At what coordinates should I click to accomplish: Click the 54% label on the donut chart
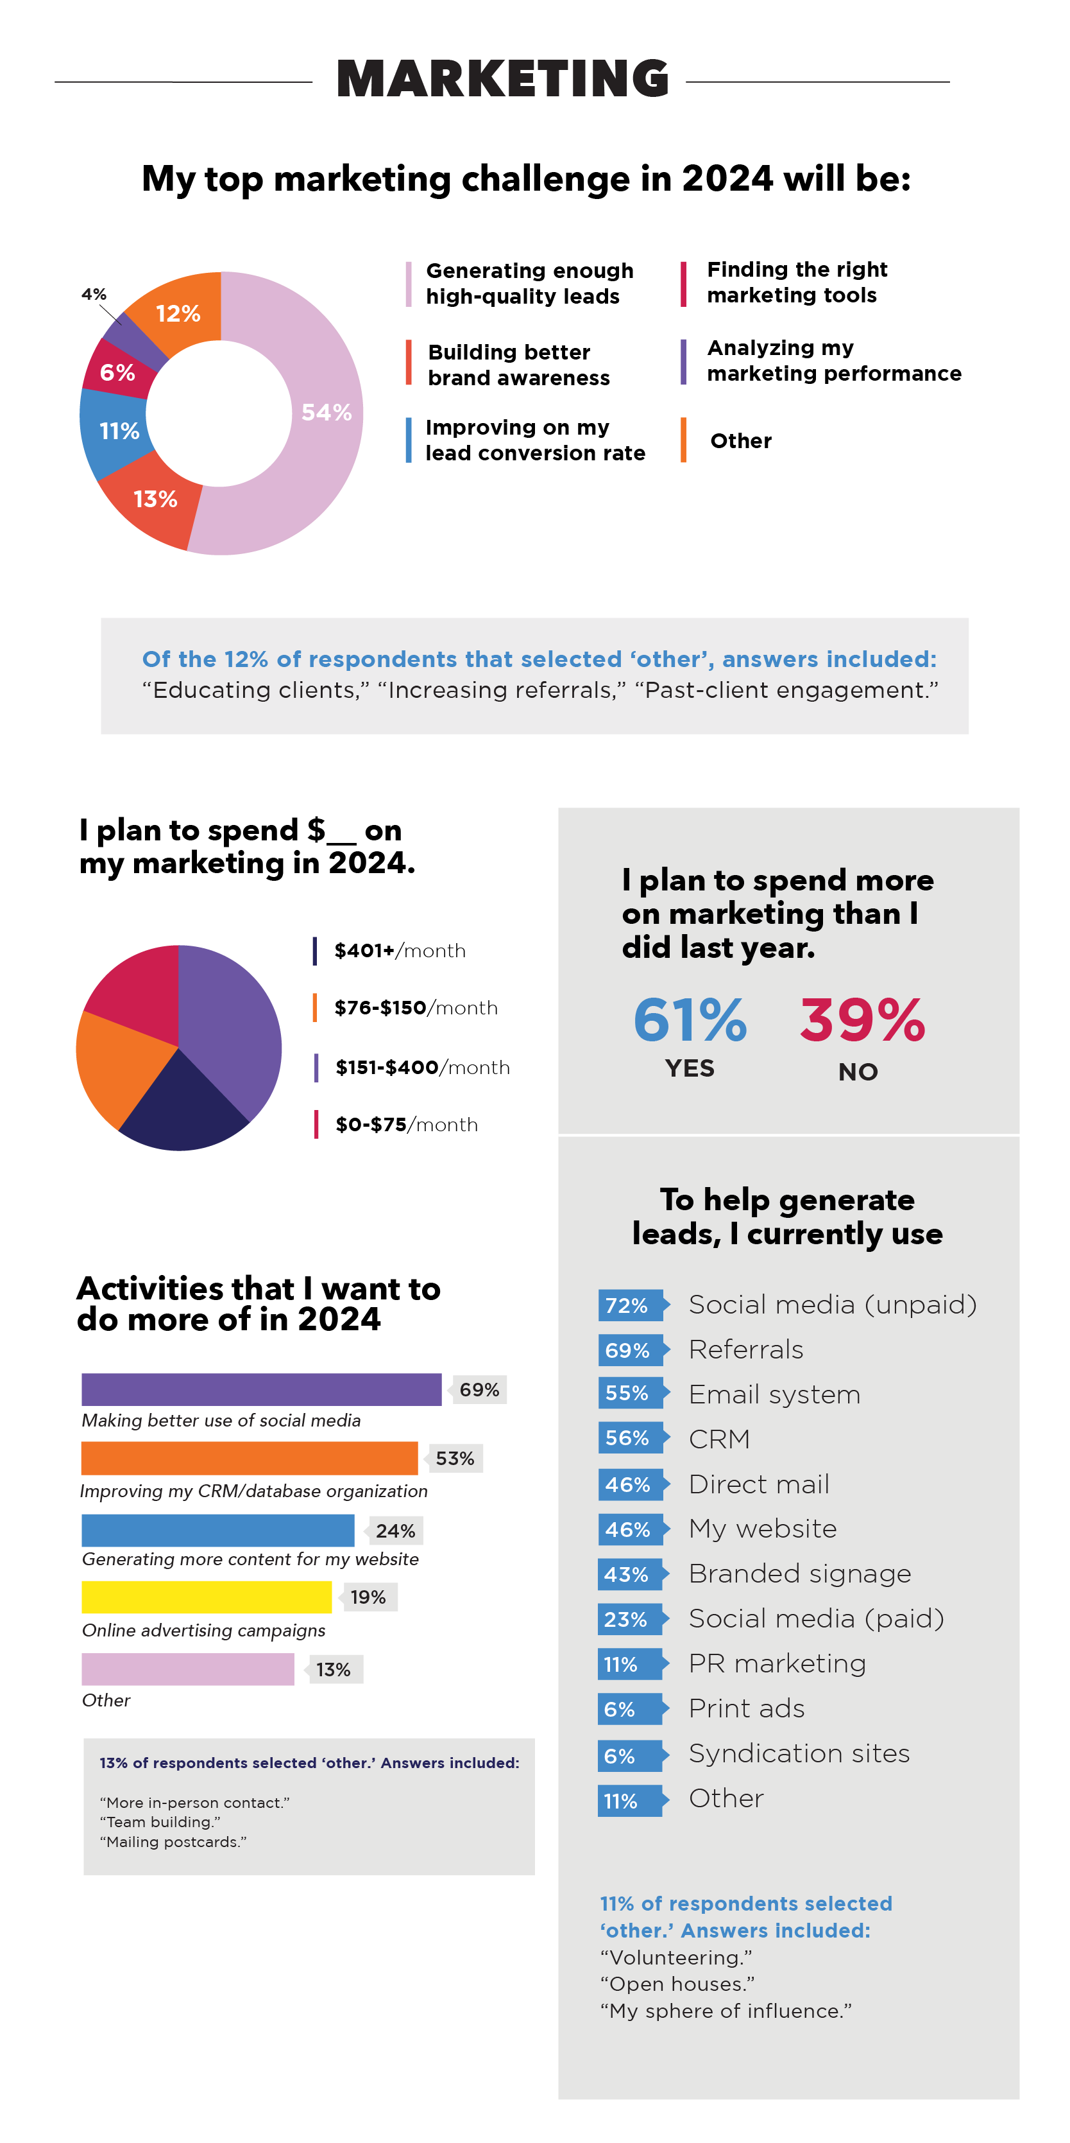(x=326, y=413)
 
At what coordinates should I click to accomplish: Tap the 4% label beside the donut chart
(x=94, y=295)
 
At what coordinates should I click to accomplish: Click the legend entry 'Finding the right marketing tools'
(x=797, y=283)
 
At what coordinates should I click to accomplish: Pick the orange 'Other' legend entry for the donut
(x=740, y=441)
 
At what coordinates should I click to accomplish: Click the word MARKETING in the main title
(x=502, y=80)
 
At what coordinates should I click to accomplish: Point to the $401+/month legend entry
(x=399, y=951)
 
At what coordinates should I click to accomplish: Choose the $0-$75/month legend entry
(x=405, y=1125)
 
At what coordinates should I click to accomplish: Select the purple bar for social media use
(x=261, y=1389)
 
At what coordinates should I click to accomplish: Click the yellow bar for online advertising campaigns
(x=206, y=1597)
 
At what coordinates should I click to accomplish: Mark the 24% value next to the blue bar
(x=395, y=1531)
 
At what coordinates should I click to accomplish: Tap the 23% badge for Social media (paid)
(x=627, y=1620)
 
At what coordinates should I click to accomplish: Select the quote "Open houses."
(x=677, y=1984)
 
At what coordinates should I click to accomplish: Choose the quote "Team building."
(x=160, y=1822)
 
